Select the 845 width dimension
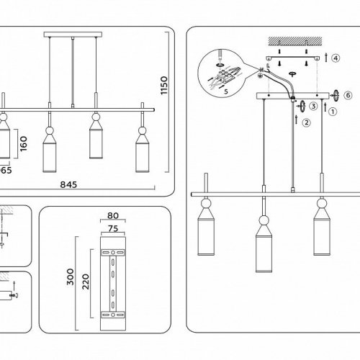click(x=68, y=184)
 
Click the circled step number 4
click(x=336, y=56)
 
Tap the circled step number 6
click(x=348, y=94)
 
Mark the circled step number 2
click(x=306, y=123)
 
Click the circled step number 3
click(x=313, y=107)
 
